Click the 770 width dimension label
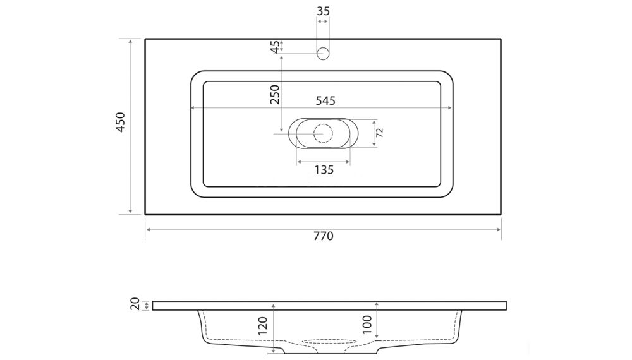click(x=322, y=236)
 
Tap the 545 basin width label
click(x=322, y=100)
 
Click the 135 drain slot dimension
click(x=323, y=169)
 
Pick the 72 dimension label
click(x=380, y=133)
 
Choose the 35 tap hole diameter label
click(x=323, y=11)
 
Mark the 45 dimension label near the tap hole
click(x=275, y=47)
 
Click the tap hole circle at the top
click(x=323, y=53)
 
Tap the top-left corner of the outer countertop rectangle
click(x=145, y=39)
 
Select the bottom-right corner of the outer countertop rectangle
click(x=501, y=215)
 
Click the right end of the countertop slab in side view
click(x=506, y=306)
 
